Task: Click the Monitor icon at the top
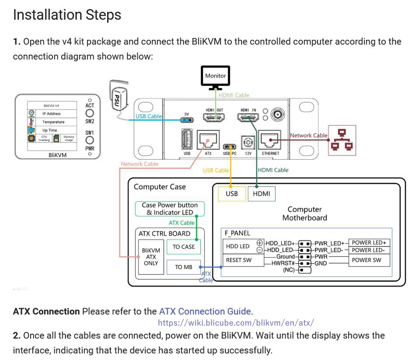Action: click(215, 78)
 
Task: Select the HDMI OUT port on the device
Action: click(215, 118)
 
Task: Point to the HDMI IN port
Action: click(248, 118)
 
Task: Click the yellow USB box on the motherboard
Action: click(232, 193)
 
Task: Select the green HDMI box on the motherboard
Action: click(262, 193)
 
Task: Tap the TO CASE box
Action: click(184, 247)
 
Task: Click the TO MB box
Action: click(184, 267)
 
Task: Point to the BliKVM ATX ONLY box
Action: click(151, 257)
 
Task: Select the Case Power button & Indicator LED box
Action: click(170, 209)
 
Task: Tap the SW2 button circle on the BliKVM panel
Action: click(90, 113)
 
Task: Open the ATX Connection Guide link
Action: click(205, 312)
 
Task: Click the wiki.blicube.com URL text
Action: click(236, 323)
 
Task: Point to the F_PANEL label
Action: click(238, 233)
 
